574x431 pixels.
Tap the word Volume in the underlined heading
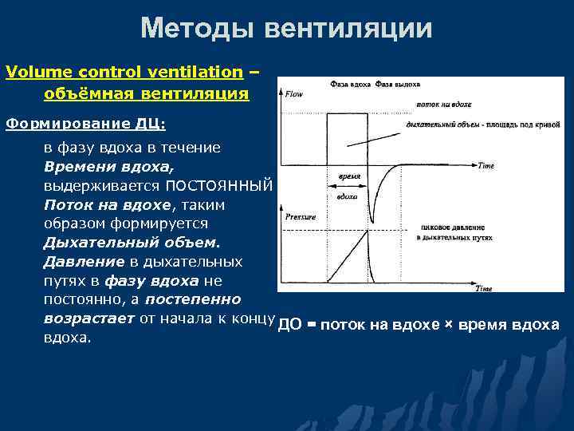32,72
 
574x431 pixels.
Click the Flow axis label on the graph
294,93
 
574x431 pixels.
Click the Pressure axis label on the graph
301,216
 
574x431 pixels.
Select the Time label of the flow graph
486,165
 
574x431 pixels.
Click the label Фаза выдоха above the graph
398,83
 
